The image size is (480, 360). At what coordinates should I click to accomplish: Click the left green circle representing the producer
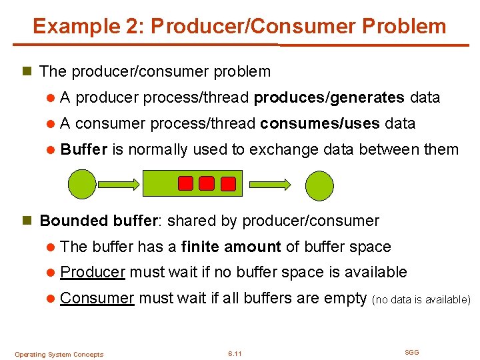point(83,184)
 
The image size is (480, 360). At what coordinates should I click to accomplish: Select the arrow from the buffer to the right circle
point(271,183)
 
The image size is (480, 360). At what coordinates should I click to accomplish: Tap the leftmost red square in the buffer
point(186,183)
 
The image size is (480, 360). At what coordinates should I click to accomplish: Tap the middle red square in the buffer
point(207,183)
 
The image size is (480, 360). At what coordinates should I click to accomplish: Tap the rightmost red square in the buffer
point(228,183)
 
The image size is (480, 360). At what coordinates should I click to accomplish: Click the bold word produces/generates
point(329,98)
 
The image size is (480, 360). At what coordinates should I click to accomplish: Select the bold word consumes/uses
point(320,123)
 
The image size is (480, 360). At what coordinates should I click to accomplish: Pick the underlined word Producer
point(93,272)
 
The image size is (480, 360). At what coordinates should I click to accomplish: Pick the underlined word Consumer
point(97,298)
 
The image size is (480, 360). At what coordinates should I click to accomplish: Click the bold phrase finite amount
point(231,247)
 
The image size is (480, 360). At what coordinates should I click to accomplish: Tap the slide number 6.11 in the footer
point(234,353)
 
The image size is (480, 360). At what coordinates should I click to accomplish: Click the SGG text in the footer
point(412,352)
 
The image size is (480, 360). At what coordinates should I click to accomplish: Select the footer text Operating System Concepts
point(59,354)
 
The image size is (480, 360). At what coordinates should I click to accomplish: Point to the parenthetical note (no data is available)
point(421,300)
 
